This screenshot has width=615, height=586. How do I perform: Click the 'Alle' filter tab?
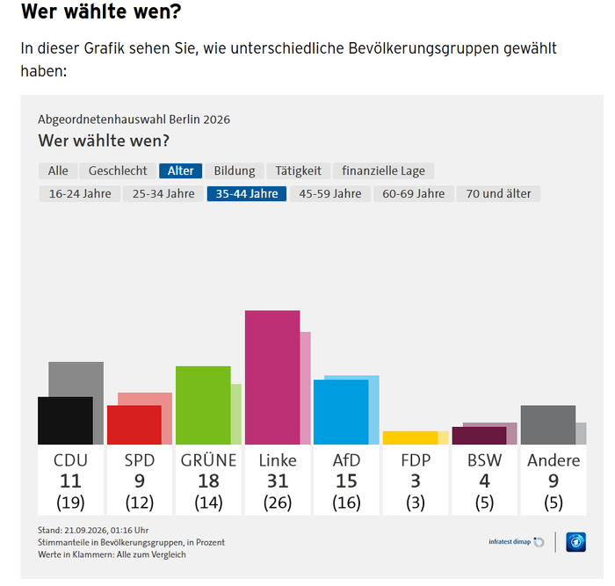point(58,170)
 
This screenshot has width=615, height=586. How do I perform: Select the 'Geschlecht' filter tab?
point(118,170)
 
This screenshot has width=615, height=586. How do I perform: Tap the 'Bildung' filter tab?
point(235,170)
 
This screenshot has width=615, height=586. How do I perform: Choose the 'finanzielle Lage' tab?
point(383,170)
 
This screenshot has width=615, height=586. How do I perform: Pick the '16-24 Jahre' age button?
point(80,194)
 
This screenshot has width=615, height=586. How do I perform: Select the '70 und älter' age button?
point(498,194)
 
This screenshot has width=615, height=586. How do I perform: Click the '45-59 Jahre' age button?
point(330,194)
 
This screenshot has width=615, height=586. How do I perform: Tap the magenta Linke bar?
point(272,377)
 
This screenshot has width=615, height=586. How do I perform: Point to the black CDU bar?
point(66,421)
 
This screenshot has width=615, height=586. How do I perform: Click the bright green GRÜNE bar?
point(203,405)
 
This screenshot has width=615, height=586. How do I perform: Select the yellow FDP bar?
point(410,438)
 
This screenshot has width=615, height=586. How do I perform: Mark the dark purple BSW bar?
point(480,436)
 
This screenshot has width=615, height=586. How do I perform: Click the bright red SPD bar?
point(134,425)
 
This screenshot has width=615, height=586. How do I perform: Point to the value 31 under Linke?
point(278,481)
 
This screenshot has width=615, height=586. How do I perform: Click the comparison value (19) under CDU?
point(70,503)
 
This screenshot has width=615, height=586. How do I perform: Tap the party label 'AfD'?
point(346,460)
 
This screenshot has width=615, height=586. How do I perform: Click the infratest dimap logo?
point(517,542)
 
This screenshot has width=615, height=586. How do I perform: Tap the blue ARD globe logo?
point(575,542)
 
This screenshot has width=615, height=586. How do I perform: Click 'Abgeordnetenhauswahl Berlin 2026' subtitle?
point(134,119)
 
